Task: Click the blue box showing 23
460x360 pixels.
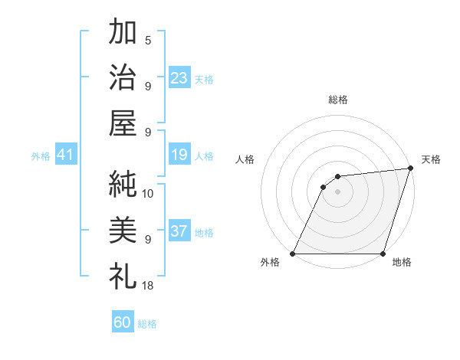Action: (x=179, y=77)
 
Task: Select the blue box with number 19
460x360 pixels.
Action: (x=179, y=155)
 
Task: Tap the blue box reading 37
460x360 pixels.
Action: (x=179, y=232)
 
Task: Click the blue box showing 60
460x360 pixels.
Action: (x=123, y=322)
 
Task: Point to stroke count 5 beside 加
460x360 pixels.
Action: (x=148, y=41)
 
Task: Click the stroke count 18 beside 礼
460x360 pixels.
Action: (x=148, y=285)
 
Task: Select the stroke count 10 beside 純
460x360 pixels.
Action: (x=148, y=193)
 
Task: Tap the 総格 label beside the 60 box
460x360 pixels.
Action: (x=147, y=324)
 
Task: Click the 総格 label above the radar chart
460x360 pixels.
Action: (x=337, y=100)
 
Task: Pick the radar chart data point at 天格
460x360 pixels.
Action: (x=411, y=169)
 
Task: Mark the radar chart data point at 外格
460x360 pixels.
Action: (x=292, y=254)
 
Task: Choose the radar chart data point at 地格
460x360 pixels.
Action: (x=382, y=254)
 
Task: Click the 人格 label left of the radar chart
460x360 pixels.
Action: (x=245, y=159)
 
